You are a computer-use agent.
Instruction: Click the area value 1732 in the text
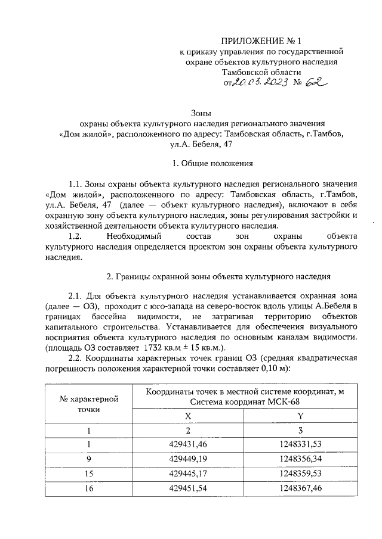[x=153, y=347]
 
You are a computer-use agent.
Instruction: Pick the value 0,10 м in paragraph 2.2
[x=272, y=369]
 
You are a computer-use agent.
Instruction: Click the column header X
[x=189, y=416]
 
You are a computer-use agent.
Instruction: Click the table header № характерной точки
[x=90, y=403]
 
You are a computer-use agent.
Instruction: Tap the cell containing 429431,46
[x=189, y=444]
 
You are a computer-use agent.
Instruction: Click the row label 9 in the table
[x=90, y=458]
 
